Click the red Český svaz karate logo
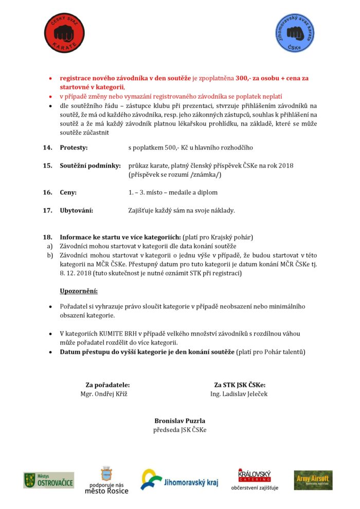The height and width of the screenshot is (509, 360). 64,33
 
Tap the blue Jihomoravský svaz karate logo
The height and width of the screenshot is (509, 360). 295,33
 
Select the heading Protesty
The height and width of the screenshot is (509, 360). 74,148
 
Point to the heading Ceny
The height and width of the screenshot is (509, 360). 68,192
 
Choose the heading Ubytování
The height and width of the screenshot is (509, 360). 77,210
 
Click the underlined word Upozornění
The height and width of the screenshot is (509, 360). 79,292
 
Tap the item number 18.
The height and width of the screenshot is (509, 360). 48,237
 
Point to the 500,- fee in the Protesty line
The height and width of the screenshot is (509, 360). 172,148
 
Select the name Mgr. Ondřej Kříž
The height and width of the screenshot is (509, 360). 104,394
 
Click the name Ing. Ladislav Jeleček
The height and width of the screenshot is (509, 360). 239,394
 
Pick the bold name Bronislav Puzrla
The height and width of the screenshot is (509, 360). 179,421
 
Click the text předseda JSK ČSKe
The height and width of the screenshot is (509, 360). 179,429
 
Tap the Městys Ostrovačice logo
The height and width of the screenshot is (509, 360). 48,480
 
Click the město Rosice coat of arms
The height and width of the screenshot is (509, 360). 106,474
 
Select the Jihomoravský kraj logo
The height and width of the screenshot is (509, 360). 180,480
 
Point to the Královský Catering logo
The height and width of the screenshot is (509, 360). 255,475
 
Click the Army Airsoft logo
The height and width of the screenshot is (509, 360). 313,480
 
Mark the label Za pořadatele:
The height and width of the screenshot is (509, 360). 107,385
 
